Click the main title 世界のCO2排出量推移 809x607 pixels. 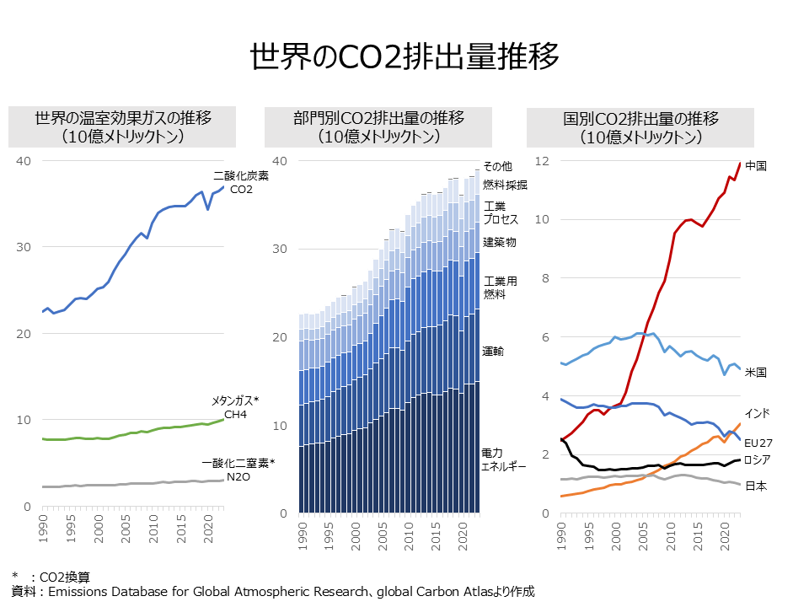coord(404,58)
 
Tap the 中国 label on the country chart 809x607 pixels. coord(756,166)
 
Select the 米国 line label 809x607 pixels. coord(756,372)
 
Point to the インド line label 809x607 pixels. coord(758,413)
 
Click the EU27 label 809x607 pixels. coord(758,443)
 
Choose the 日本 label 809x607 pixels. coord(756,486)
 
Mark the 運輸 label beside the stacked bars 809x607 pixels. coord(493,351)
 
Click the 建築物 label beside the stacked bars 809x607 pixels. coord(499,243)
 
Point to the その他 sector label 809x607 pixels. coord(497,167)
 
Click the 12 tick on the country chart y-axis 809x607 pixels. coord(543,161)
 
